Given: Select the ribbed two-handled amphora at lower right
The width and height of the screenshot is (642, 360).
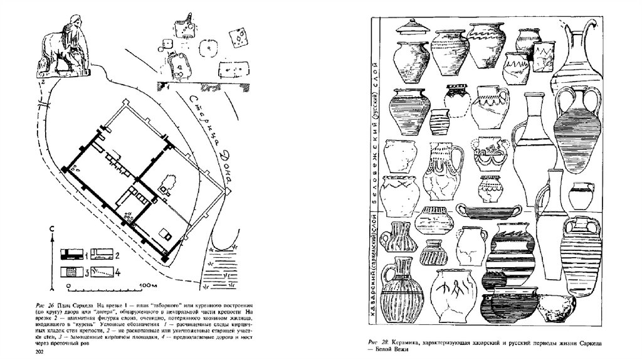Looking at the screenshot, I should click(x=581, y=248).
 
